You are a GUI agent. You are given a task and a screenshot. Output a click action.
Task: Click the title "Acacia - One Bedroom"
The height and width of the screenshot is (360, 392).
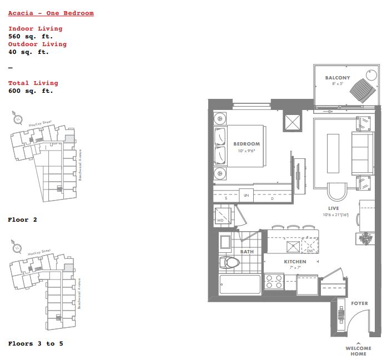51,13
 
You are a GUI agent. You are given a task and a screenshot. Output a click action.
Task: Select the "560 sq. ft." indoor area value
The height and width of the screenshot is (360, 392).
31,36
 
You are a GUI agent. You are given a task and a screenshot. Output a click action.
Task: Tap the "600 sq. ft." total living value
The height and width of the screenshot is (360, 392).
31,91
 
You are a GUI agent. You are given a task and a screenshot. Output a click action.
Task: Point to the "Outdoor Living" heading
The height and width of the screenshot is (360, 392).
37,44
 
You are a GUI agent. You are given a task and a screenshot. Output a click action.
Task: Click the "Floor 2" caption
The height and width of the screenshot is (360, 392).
22,219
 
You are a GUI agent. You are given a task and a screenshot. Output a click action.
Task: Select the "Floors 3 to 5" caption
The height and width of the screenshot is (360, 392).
36,343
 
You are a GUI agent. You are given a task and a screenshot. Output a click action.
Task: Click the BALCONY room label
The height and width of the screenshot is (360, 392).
338,78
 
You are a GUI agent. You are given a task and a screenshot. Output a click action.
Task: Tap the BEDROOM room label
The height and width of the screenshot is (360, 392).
247,144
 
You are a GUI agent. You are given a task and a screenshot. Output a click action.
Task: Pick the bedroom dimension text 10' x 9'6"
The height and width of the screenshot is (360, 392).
247,151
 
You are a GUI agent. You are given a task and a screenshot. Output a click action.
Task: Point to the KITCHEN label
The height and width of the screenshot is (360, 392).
295,261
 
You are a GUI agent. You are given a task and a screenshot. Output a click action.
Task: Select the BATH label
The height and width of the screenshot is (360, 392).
247,252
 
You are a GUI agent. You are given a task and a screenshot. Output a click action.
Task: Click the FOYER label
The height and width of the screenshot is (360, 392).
360,303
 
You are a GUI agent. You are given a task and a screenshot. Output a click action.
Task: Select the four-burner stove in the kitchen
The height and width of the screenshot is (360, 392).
274,282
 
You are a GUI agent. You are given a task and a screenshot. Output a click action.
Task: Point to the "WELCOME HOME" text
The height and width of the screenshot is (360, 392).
359,351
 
